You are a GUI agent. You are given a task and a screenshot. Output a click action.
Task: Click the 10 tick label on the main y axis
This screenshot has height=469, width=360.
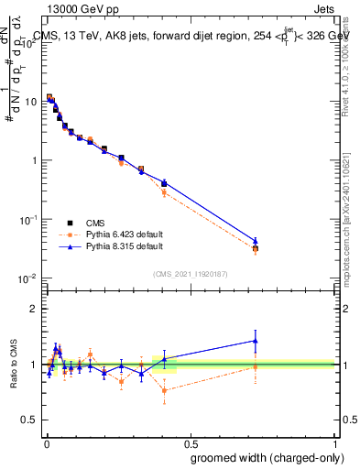(x=31, y=102)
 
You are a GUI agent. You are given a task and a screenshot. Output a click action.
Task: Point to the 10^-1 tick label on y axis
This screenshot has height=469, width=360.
(x=29, y=220)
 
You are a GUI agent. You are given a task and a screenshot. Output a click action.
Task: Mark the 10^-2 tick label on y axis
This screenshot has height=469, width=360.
(x=29, y=278)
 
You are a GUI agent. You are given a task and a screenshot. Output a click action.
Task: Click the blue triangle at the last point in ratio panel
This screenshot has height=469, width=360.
(x=256, y=341)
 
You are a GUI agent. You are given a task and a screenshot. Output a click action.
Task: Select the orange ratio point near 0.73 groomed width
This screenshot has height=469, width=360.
(x=256, y=367)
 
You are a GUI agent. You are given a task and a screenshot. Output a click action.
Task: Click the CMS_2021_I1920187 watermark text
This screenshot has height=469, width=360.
(x=189, y=274)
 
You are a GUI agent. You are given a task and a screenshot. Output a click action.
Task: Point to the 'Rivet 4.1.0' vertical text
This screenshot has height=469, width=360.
(x=348, y=55)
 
